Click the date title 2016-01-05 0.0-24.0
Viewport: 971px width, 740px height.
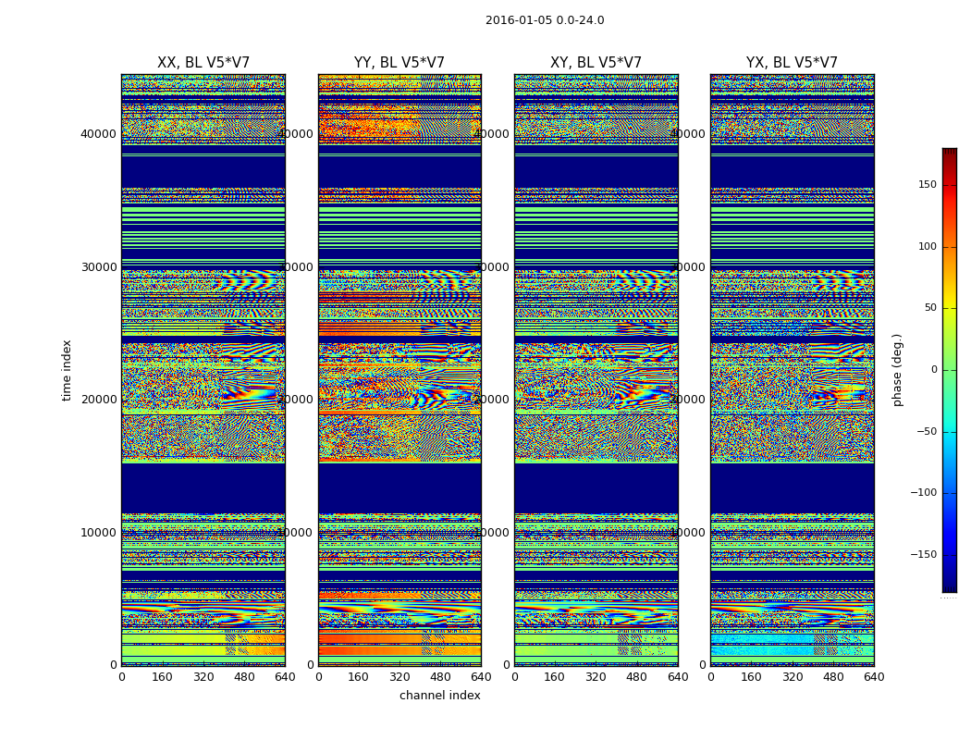click(x=545, y=20)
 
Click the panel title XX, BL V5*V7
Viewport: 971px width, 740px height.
click(x=203, y=63)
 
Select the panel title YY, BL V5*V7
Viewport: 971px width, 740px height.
click(x=399, y=63)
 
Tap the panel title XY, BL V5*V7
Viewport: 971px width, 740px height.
click(x=596, y=63)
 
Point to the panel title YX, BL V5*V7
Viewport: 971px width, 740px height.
click(x=792, y=63)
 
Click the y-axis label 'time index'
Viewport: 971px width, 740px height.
click(x=67, y=370)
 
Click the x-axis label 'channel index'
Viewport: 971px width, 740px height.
click(x=440, y=696)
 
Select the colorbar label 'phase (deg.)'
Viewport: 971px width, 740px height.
click(x=897, y=370)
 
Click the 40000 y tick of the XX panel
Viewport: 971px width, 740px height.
click(x=98, y=133)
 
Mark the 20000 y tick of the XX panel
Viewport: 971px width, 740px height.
click(x=98, y=399)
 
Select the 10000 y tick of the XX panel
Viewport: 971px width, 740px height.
click(x=98, y=532)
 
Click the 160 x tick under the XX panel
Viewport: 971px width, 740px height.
click(x=162, y=677)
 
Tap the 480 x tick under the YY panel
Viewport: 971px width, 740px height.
click(x=440, y=677)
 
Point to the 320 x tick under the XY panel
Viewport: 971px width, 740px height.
click(x=596, y=677)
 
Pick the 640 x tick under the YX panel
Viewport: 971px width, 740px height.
click(x=874, y=677)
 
